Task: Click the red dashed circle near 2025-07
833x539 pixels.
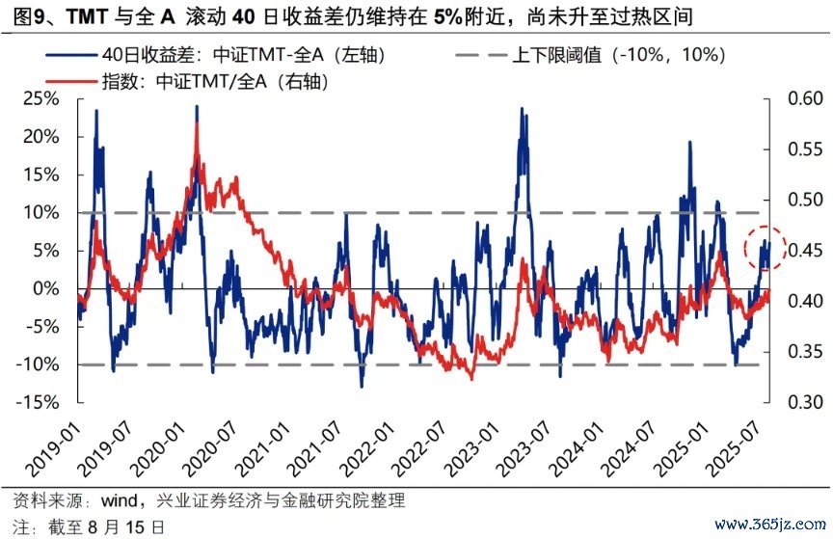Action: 766,249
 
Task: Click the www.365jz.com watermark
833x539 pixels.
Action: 770,526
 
